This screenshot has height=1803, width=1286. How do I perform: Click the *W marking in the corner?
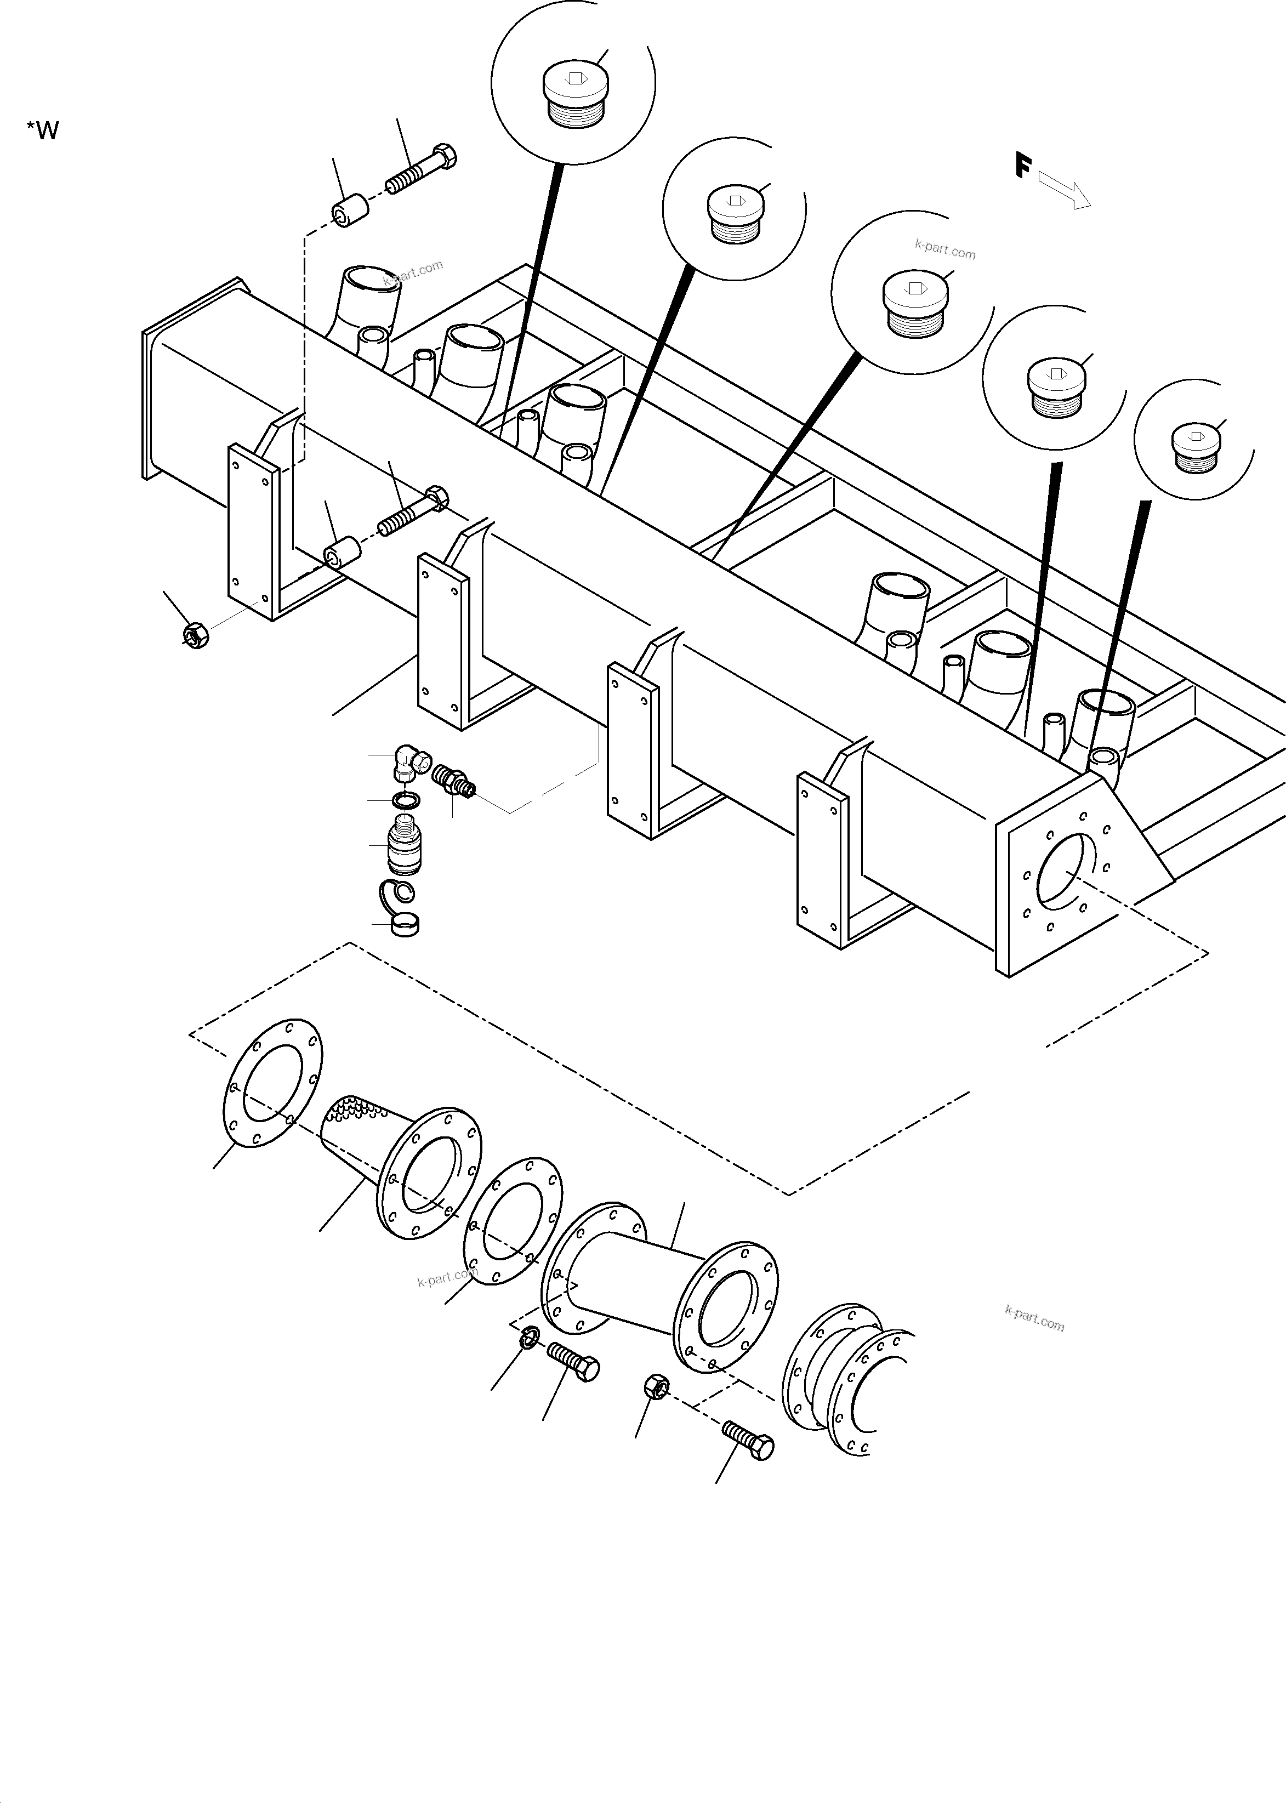[x=43, y=130]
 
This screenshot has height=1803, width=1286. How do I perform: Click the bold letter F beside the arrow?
[x=1022, y=166]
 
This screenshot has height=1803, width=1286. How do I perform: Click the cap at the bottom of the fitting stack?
[x=406, y=924]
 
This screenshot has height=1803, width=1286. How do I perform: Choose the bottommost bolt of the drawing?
[x=748, y=1440]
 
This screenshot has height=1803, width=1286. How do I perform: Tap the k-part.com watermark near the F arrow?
[x=944, y=250]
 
